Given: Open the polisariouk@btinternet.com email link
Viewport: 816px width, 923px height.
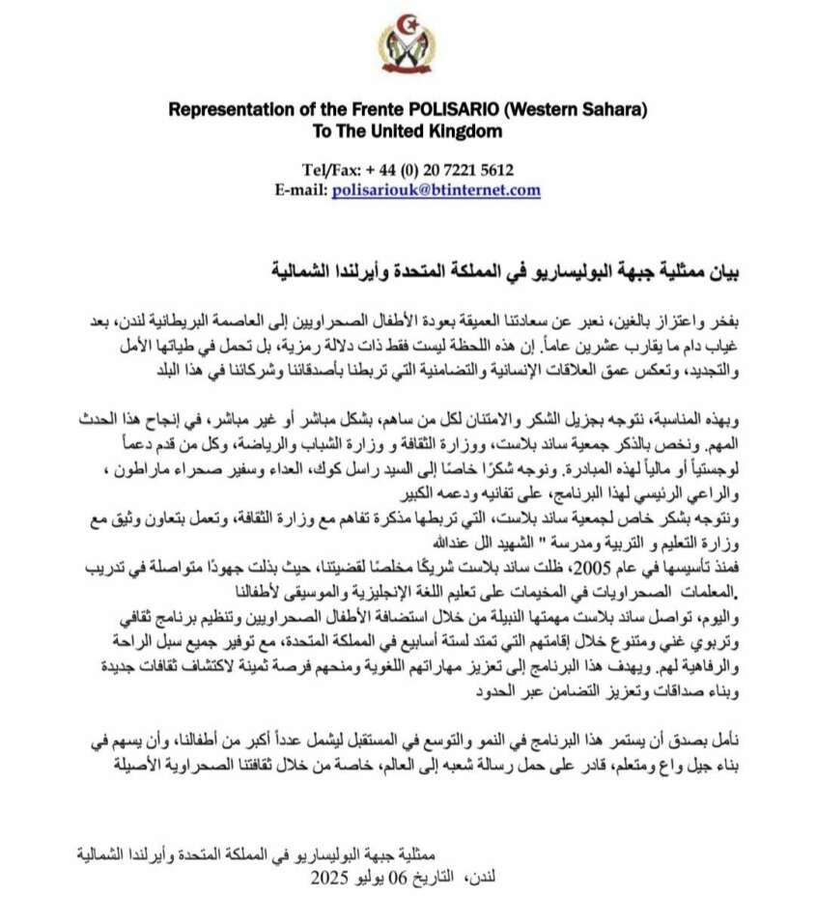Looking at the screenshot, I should pos(436,189).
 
